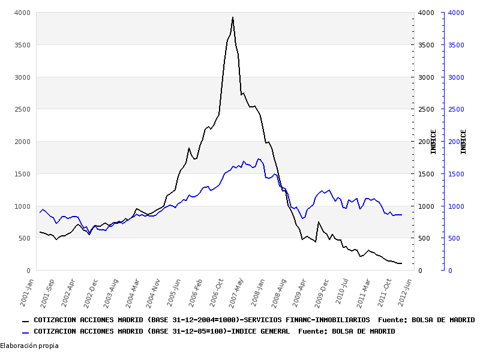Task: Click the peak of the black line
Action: tap(233, 17)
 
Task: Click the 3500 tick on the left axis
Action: tap(23, 45)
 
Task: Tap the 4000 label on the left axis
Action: tap(23, 13)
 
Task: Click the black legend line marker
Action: tap(25, 321)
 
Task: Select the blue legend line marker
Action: tap(25, 332)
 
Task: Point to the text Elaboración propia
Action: tap(29, 346)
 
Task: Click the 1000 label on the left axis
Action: tap(23, 206)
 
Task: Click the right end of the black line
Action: tap(401, 263)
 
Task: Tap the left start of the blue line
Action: tap(40, 212)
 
